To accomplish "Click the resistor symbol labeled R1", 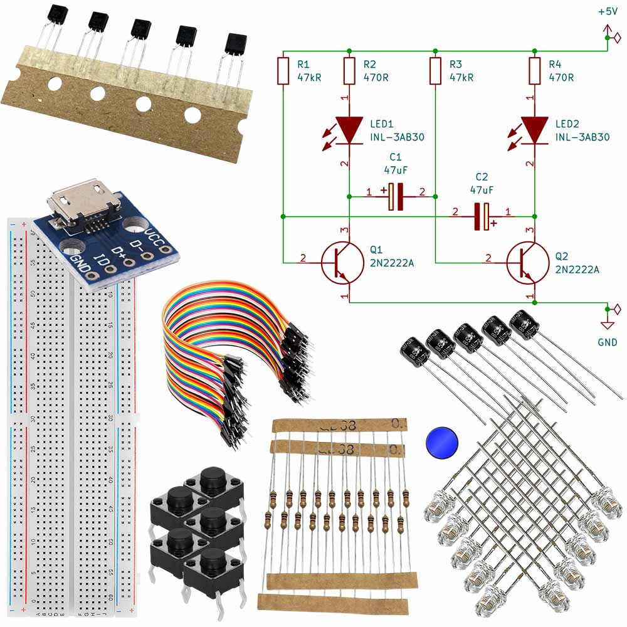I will point(283,71).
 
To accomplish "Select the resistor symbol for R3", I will point(436,71).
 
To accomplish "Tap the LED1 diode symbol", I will point(349,130).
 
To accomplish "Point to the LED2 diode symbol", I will point(534,130).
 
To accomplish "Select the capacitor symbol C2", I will point(481,217).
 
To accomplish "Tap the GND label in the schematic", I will point(608,342).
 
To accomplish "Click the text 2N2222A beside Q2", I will point(577,270).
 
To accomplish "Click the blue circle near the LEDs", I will point(441,443).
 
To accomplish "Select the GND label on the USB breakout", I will point(80,263).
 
